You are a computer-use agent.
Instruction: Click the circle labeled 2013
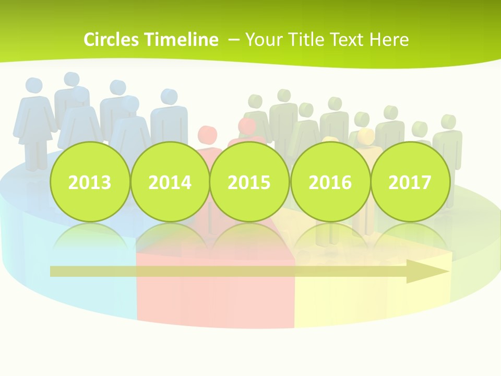click(x=89, y=182)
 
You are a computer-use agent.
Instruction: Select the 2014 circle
click(x=170, y=182)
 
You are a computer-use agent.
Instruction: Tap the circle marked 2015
click(x=249, y=182)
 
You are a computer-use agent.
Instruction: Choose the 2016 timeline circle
click(x=330, y=182)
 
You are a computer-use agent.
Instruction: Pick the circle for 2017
click(x=410, y=182)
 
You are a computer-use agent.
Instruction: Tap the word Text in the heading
click(x=348, y=40)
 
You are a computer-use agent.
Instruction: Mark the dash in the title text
click(x=234, y=40)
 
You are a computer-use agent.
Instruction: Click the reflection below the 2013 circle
click(x=89, y=238)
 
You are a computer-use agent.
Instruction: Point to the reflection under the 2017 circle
click(x=410, y=238)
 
